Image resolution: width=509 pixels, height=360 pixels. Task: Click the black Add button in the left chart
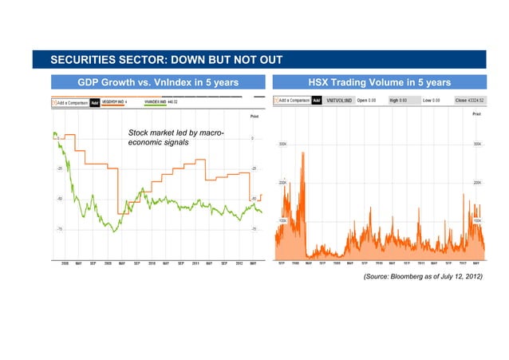94,102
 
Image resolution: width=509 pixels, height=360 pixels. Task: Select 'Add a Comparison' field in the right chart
292,101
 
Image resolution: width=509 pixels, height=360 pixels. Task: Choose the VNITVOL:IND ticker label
338,101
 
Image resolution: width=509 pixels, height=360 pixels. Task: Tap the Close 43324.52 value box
469,101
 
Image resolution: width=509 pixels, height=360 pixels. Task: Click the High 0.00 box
400,101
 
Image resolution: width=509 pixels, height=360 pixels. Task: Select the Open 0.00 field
367,101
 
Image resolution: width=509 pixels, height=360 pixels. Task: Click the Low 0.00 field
433,101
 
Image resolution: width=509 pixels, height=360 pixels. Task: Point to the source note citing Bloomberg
423,275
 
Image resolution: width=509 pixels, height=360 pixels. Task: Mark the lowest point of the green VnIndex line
114,231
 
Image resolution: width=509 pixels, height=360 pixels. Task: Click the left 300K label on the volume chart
282,144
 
